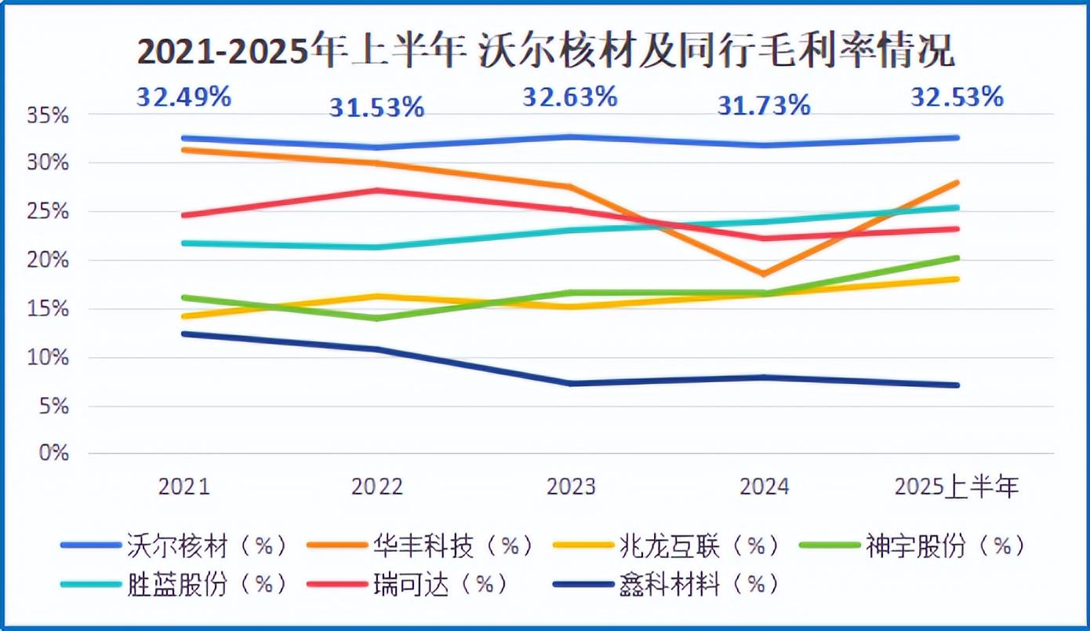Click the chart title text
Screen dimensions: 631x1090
click(546, 52)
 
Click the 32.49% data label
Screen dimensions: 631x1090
click(184, 97)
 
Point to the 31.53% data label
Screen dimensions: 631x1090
click(376, 107)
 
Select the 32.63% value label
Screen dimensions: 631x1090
click(570, 97)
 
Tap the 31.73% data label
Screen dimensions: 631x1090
click(763, 105)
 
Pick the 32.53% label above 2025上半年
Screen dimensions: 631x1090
click(957, 97)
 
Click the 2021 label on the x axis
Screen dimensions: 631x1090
click(184, 487)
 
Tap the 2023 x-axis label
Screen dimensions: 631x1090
click(571, 487)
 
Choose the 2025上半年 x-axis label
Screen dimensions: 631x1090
click(957, 487)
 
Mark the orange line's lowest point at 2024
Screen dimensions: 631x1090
click(763, 274)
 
